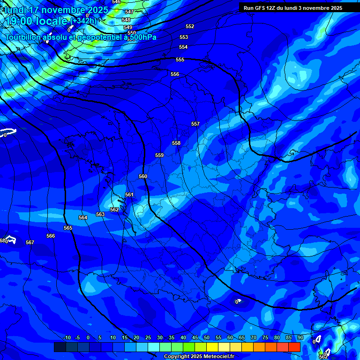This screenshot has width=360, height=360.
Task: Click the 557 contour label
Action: [195, 124]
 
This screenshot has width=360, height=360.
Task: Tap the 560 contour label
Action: [143, 176]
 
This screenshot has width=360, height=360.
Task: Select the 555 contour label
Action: [180, 60]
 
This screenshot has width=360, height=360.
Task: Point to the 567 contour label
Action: [30, 242]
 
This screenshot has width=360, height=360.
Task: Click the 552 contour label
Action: [190, 26]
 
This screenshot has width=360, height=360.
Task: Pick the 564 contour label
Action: [83, 217]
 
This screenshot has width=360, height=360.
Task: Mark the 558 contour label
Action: [176, 143]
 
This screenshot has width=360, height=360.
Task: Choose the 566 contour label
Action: [51, 236]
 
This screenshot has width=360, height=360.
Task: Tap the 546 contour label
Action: [116, 2]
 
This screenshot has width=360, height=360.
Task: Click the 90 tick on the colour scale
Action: [300, 337]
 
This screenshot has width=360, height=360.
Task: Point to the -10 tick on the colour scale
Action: [67, 337]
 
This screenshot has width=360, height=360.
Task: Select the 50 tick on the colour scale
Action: [206, 337]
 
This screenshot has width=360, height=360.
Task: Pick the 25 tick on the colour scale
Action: [148, 337]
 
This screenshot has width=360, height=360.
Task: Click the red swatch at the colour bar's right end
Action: [294, 347]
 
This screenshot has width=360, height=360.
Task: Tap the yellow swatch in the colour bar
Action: [212, 347]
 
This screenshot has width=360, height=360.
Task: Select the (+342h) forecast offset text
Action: [83, 21]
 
